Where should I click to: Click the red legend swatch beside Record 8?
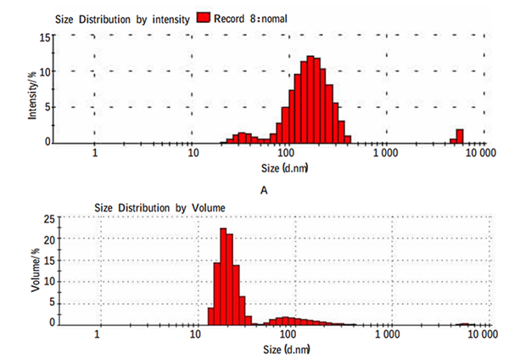203,18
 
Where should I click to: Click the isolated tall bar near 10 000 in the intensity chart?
460,136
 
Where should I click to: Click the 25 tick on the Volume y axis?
48,220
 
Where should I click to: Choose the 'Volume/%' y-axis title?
35,269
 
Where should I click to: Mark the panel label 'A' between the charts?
264,190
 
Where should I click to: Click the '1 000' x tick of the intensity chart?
385,155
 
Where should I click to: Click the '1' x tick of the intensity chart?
94,155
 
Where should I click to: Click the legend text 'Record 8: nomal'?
255,18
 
